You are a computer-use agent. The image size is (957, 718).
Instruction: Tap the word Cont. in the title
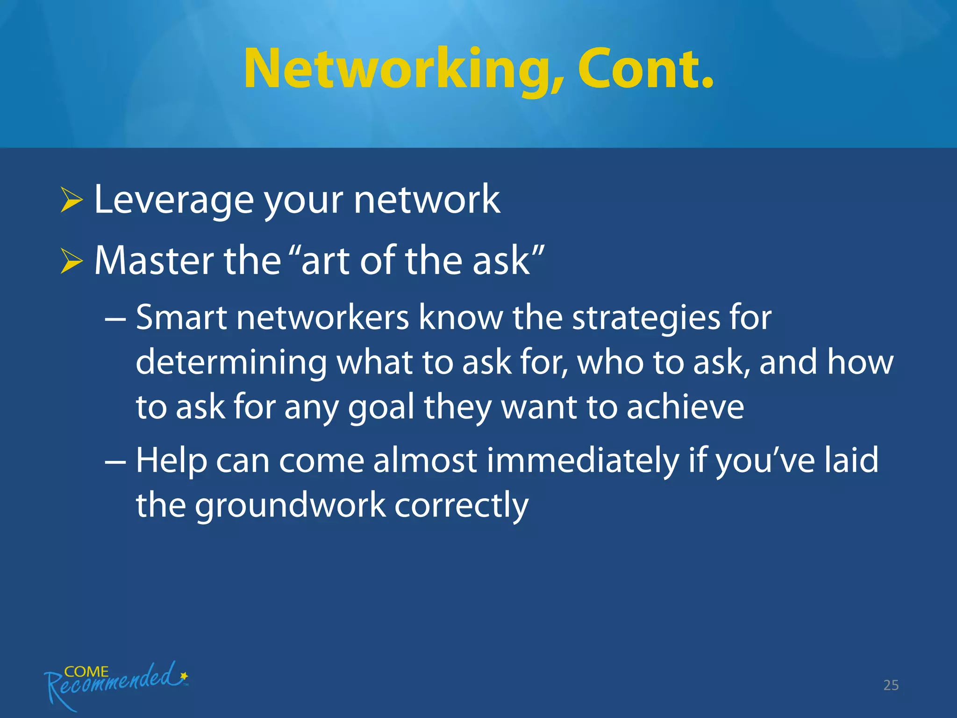click(x=646, y=69)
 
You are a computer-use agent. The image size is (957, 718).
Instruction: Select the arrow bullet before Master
click(x=71, y=262)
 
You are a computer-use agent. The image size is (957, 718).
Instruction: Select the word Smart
click(x=181, y=317)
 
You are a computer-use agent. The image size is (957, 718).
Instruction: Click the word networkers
click(x=323, y=317)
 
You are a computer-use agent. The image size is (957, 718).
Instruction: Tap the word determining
click(x=231, y=362)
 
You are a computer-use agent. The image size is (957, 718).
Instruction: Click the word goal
click(x=381, y=407)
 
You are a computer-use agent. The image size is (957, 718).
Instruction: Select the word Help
click(x=171, y=461)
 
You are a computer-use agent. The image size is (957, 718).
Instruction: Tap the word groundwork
click(x=290, y=506)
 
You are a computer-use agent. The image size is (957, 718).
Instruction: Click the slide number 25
click(x=891, y=685)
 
